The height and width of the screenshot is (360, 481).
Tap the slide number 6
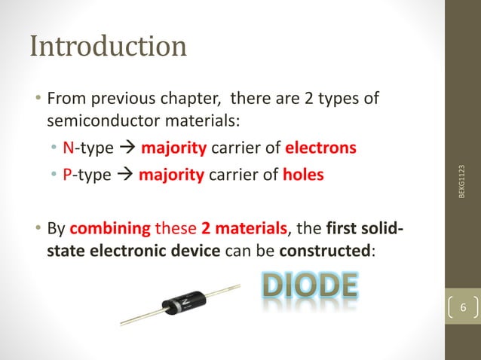click(463, 307)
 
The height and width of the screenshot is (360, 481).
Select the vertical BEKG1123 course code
click(461, 182)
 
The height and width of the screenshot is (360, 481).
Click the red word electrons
click(320, 147)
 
